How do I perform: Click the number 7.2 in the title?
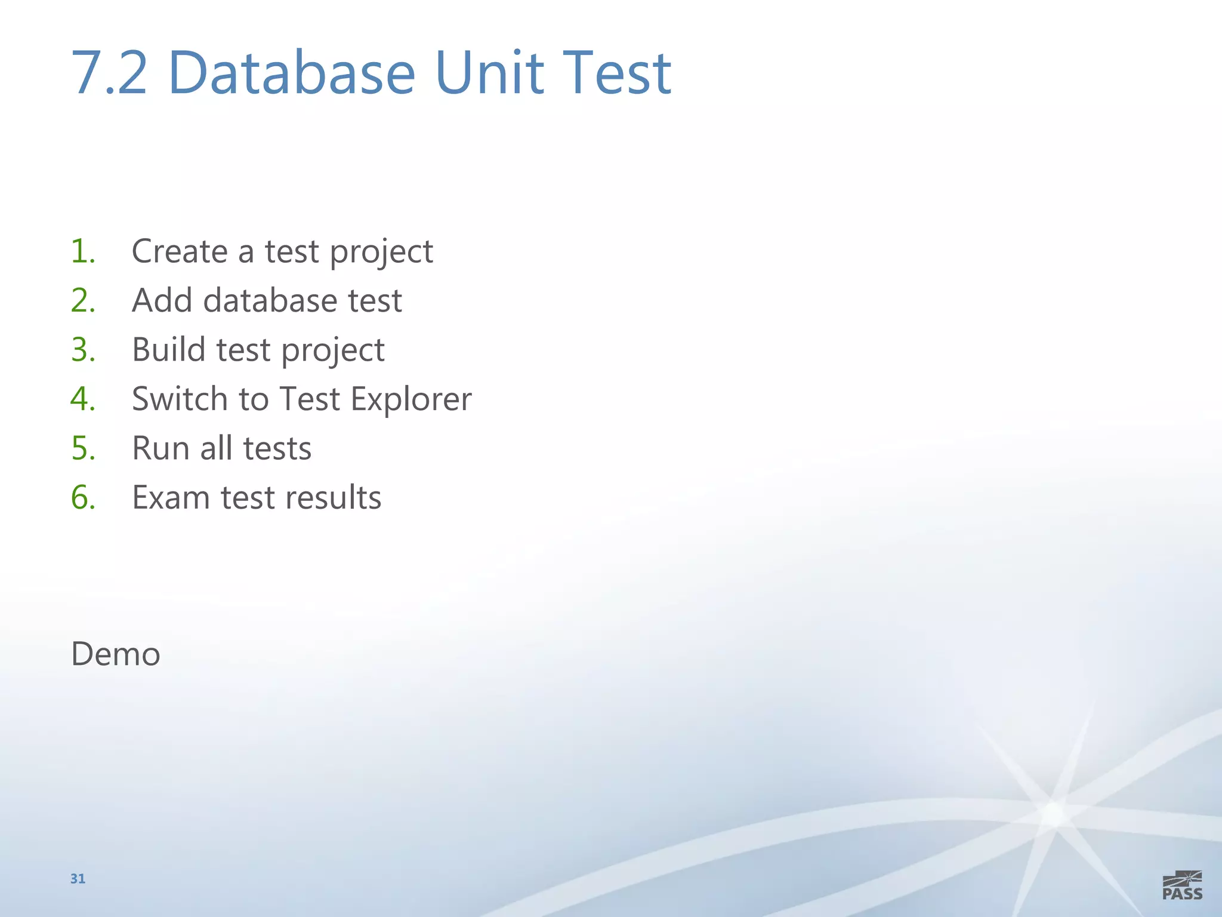[109, 73]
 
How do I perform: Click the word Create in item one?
[180, 251]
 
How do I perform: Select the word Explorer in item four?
[411, 399]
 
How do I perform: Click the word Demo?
[116, 654]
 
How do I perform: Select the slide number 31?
[78, 879]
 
